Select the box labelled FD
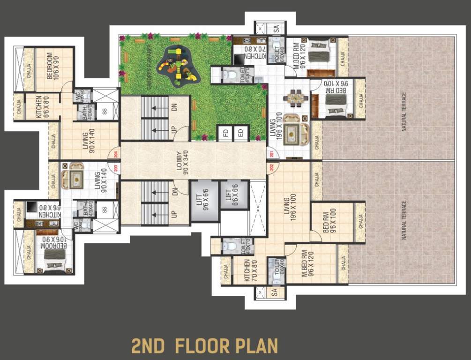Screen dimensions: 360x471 (x=226, y=134)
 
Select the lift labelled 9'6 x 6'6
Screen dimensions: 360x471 (x=204, y=201)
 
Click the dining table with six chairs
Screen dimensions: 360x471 (x=295, y=99)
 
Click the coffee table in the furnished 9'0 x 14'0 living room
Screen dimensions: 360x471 (x=75, y=179)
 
